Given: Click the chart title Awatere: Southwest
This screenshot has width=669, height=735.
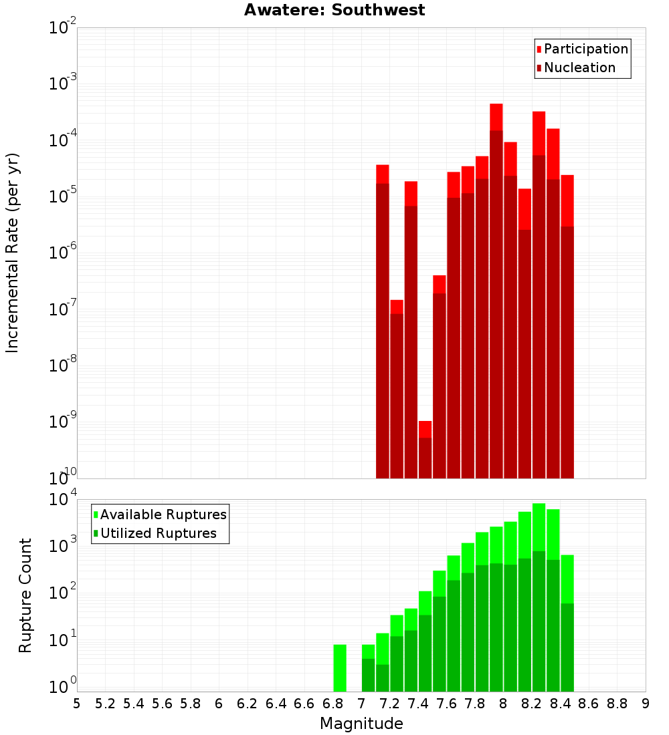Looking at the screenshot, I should pos(334,10).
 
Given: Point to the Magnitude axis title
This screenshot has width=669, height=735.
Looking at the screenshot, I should pos(361,724).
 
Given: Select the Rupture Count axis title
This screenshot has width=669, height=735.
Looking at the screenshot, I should pos(25,595).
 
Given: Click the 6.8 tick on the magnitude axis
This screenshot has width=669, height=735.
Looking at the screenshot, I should pos(332,704).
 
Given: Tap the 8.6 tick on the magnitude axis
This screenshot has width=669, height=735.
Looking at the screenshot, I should pos(589,704).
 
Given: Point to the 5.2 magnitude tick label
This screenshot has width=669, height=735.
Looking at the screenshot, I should pos(105,704).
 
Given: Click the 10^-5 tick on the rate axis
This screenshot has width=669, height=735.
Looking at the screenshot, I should pos(62,196).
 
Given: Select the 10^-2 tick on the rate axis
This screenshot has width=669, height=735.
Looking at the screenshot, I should pos(62,28).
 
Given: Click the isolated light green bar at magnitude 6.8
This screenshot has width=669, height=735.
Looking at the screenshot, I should pos(340,668).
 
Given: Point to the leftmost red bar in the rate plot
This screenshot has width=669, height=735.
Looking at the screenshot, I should pos(383,321).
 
